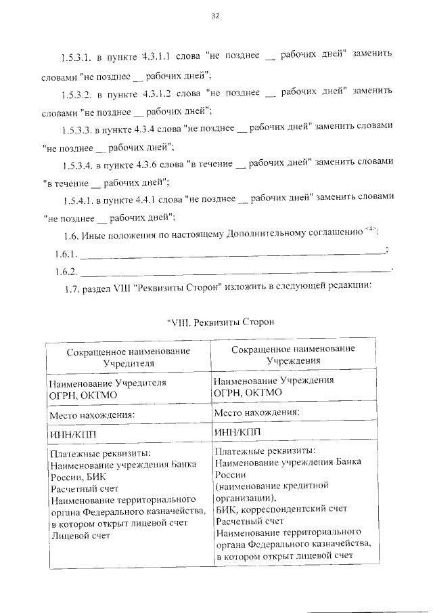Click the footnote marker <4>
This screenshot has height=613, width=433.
[371, 233]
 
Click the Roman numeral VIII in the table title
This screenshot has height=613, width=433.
[179, 322]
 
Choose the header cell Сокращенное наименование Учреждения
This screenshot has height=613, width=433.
[293, 354]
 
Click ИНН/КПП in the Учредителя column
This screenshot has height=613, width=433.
[72, 434]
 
